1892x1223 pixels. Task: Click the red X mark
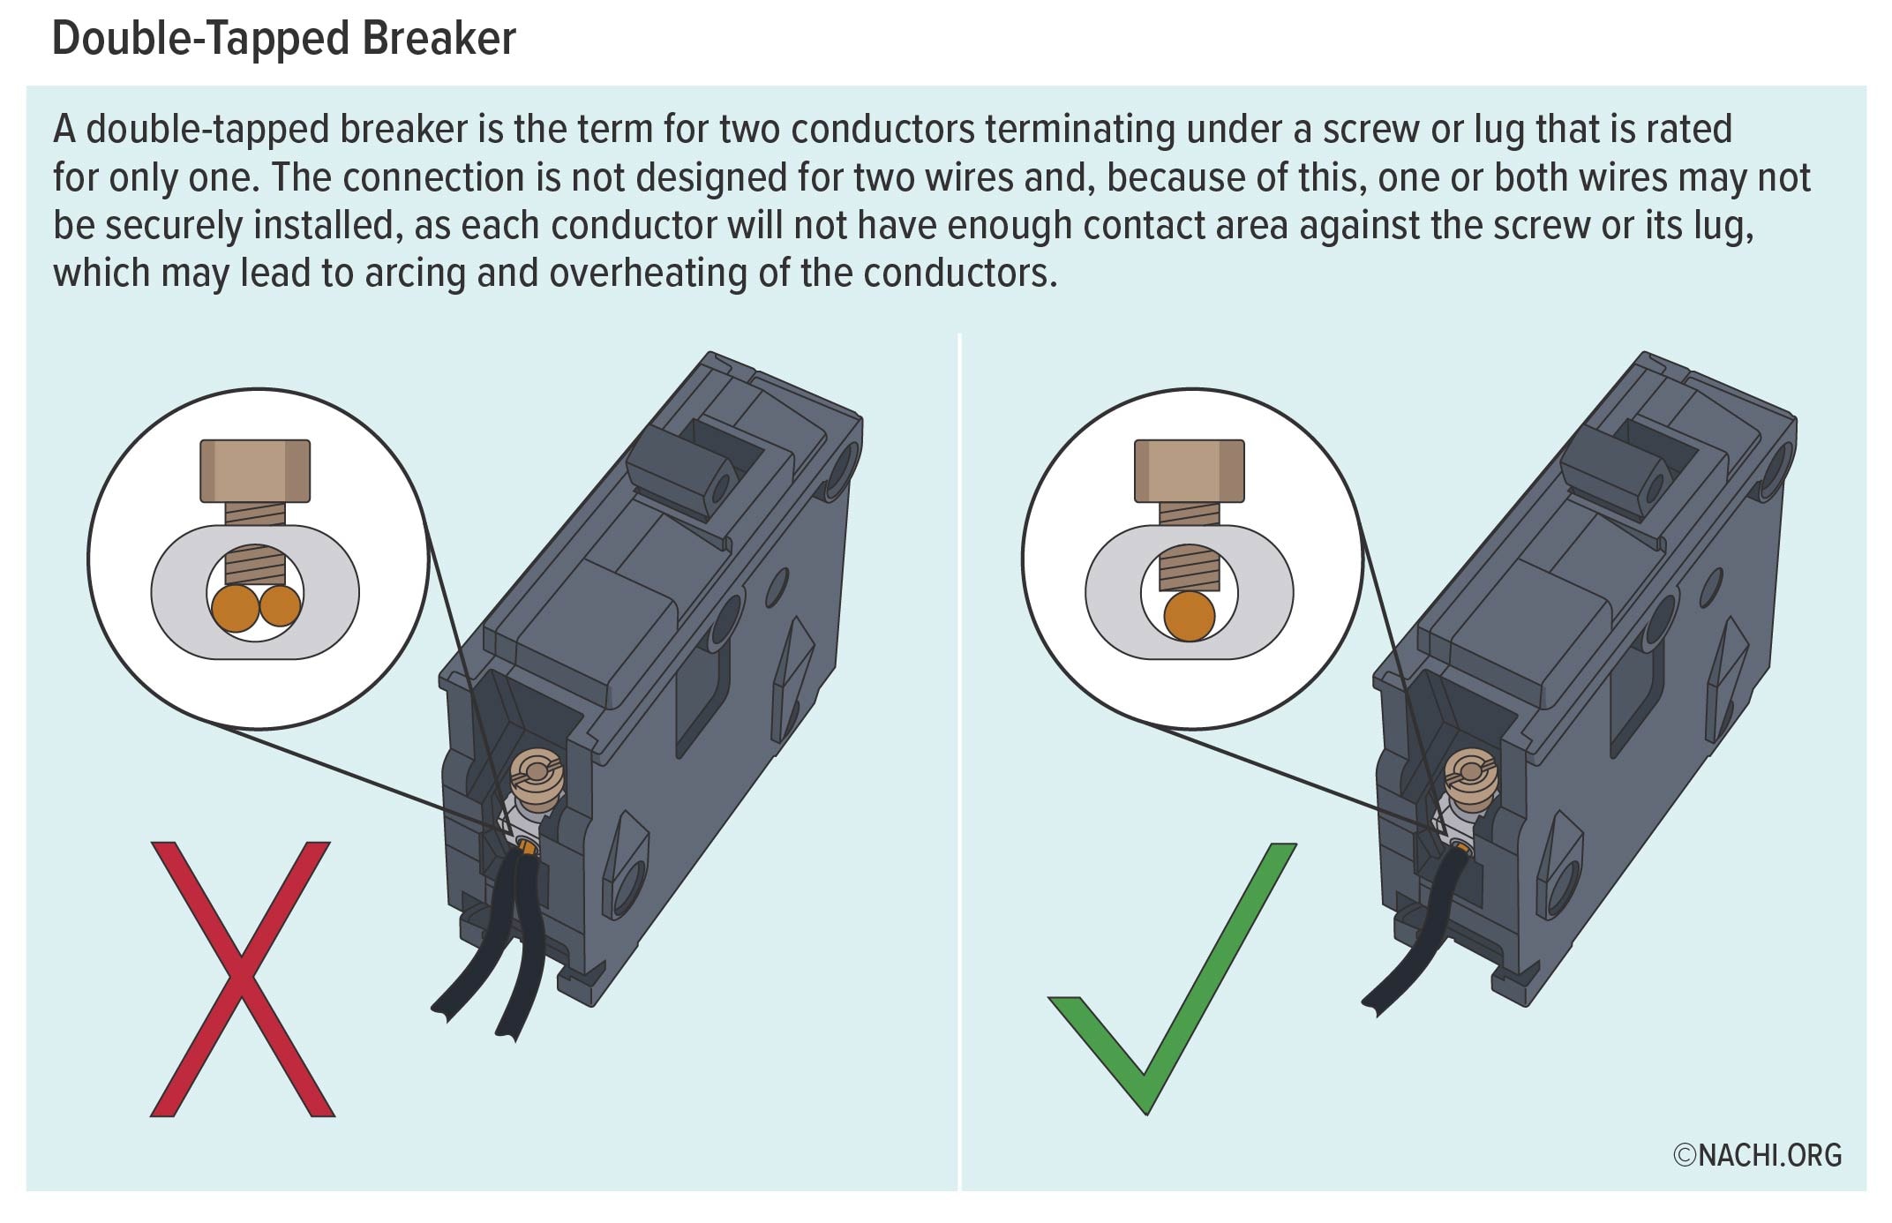241,979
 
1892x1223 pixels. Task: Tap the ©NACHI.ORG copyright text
1757,1155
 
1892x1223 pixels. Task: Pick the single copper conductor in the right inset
1189,616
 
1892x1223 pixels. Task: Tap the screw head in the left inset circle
255,470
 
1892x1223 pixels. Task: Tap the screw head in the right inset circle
1189,470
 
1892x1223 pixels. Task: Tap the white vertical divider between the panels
959,759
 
